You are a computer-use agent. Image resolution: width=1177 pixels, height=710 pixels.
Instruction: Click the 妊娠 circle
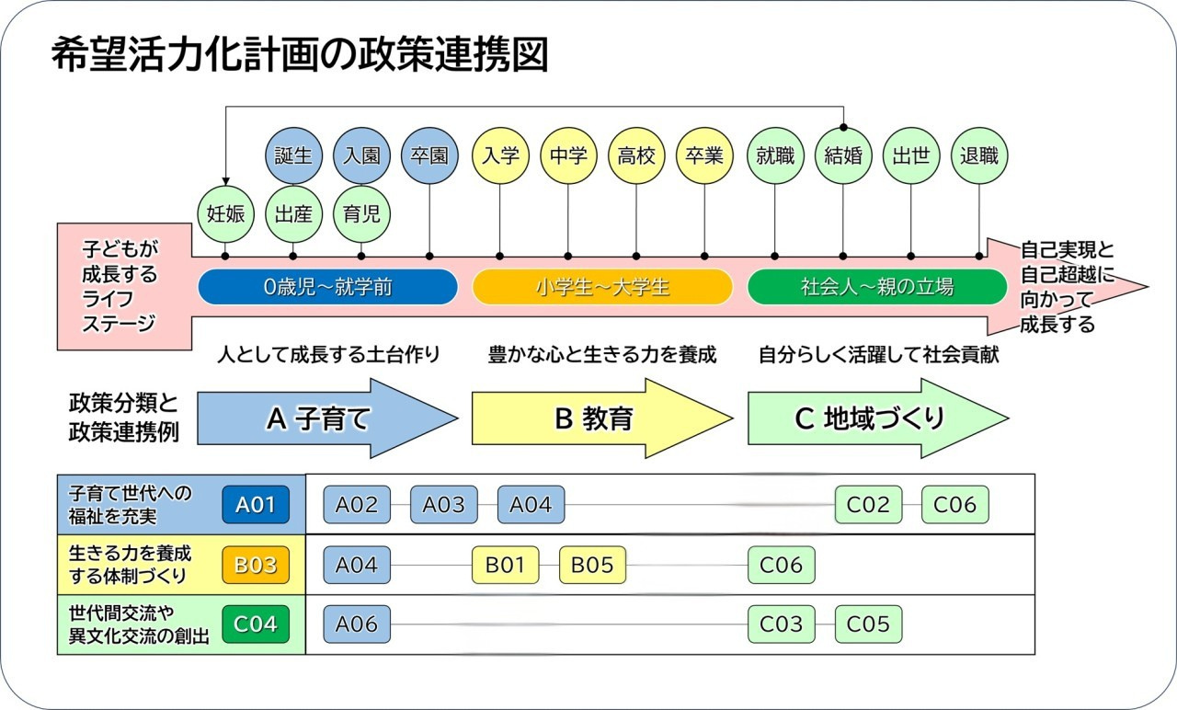225,214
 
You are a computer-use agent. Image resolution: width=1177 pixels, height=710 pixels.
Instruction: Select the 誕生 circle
293,155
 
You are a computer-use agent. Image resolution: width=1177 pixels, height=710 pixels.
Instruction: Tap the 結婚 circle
843,155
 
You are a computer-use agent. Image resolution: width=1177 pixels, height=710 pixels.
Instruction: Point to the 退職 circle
978,155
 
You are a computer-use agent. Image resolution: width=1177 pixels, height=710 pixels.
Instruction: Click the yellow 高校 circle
636,155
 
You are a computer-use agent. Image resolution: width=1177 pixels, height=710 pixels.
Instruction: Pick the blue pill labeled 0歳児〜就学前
327,287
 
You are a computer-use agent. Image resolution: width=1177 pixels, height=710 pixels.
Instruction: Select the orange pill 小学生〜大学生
602,287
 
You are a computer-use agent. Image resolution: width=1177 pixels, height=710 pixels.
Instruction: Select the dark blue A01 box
256,504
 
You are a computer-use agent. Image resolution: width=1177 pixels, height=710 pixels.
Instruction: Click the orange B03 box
256,565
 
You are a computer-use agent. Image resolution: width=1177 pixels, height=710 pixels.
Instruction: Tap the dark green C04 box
256,624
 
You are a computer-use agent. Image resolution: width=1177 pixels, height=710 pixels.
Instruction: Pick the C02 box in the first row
868,504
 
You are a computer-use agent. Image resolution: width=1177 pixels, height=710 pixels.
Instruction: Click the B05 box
592,565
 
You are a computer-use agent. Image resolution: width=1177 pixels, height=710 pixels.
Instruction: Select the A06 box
357,624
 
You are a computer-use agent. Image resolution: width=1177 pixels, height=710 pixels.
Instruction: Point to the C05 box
868,624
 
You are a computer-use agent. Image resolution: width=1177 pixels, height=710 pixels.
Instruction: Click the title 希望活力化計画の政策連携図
299,55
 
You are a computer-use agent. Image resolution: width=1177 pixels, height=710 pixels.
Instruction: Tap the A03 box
443,504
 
